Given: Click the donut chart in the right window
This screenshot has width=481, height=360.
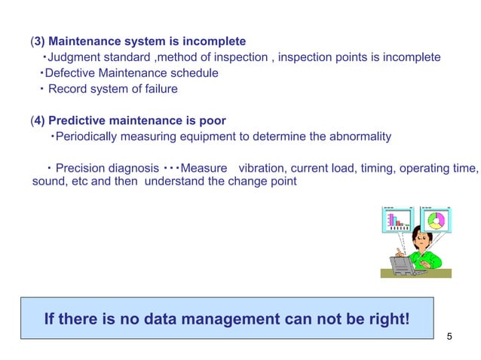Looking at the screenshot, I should coord(437,220).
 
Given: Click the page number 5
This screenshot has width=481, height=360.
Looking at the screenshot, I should coord(450,336).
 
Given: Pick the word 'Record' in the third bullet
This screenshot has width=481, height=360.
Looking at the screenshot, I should coord(67,89).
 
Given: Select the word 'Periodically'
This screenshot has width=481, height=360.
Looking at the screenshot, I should coord(87,136).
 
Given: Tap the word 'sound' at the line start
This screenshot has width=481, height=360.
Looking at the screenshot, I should coord(47,182).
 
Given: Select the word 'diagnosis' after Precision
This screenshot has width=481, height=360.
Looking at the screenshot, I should coord(133,167).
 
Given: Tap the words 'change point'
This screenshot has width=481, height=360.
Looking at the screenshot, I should coord(267,182).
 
